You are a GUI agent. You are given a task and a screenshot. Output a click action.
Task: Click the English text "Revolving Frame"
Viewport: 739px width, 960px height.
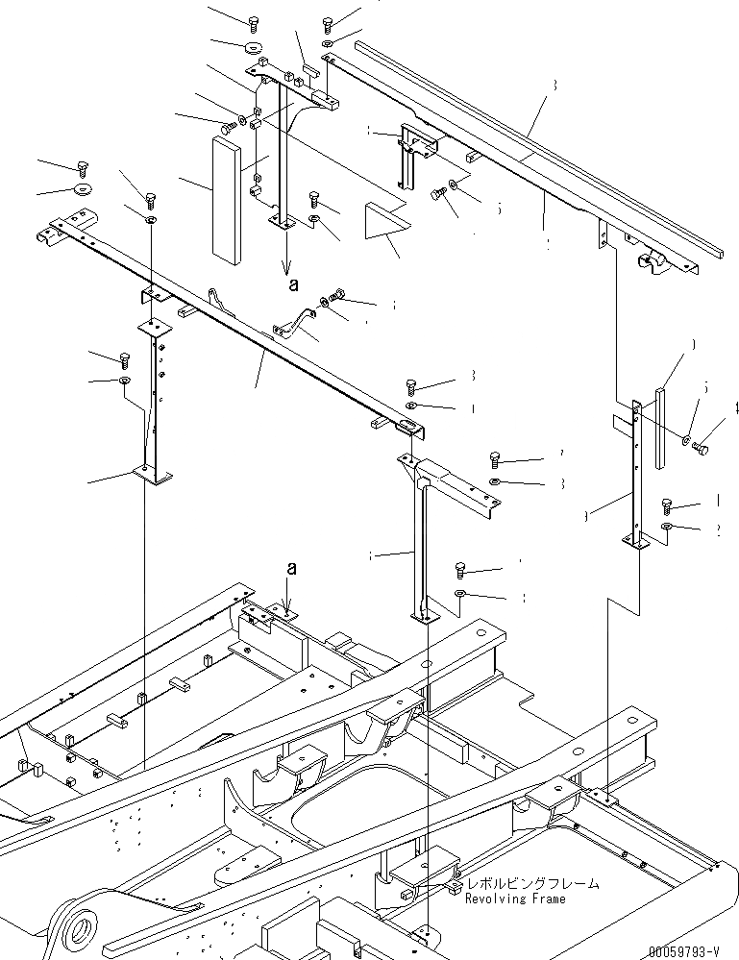tap(515, 898)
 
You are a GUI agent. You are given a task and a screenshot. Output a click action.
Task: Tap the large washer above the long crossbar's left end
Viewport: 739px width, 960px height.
tap(81, 186)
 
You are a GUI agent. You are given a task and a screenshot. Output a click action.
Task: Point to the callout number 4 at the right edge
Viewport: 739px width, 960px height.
tap(736, 407)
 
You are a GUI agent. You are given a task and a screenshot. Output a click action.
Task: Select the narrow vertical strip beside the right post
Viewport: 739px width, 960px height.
tap(659, 428)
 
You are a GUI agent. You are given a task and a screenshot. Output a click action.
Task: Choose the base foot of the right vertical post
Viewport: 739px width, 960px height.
tap(636, 545)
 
